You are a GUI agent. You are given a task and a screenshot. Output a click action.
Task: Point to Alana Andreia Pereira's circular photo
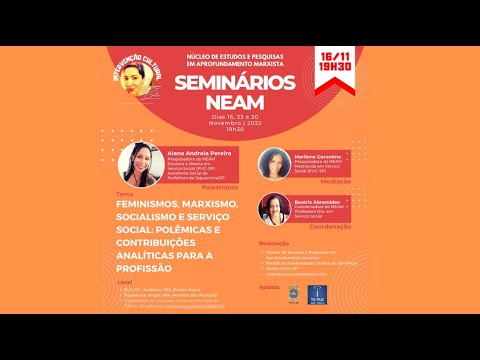142,164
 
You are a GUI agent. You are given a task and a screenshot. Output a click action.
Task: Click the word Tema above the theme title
125,193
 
